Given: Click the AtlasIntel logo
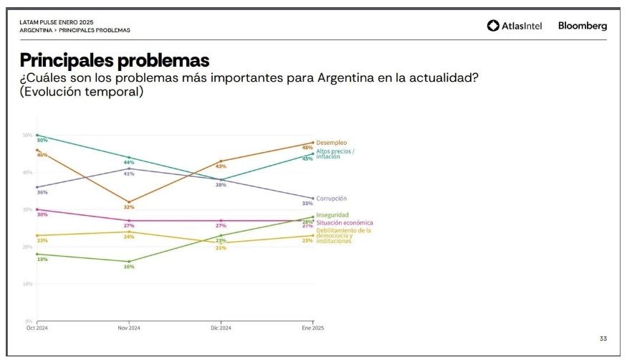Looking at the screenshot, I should (514, 26).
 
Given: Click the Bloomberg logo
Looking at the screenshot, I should (582, 26).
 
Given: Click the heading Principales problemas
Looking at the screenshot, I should (115, 60).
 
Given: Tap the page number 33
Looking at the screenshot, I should (603, 338).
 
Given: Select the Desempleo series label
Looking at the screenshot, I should (332, 143).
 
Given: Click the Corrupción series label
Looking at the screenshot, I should (332, 198).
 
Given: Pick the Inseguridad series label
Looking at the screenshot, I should (333, 214).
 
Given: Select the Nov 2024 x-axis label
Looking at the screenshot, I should (128, 328).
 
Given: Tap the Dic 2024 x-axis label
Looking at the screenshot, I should (221, 328).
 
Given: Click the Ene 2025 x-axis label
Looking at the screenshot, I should (312, 328).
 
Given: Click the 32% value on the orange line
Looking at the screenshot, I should (129, 207).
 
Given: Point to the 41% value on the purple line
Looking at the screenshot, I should (129, 174).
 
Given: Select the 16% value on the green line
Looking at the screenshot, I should (129, 267).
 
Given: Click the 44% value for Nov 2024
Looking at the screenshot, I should (129, 163).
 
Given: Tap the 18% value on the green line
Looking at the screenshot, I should (42, 259).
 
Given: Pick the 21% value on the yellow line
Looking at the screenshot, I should (221, 247).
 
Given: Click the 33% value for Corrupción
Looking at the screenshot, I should (307, 203).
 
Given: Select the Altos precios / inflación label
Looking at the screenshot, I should (335, 153).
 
